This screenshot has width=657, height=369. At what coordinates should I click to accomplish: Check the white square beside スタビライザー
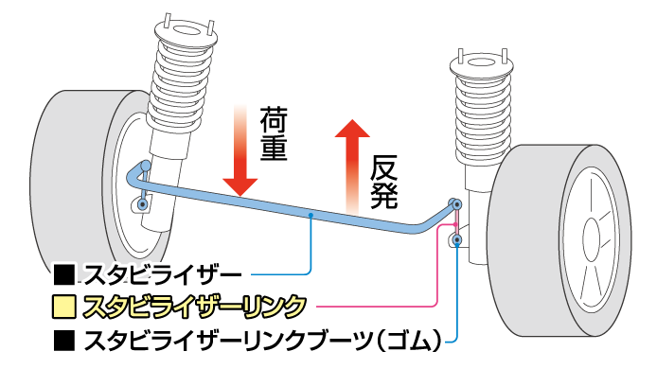click(64, 276)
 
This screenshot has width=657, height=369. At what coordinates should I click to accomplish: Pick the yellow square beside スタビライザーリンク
click(64, 307)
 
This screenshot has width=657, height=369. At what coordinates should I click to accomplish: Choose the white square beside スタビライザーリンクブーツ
click(64, 337)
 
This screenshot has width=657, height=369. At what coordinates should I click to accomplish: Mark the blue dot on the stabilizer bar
click(311, 216)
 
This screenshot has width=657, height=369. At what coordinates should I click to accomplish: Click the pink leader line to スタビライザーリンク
click(379, 307)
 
